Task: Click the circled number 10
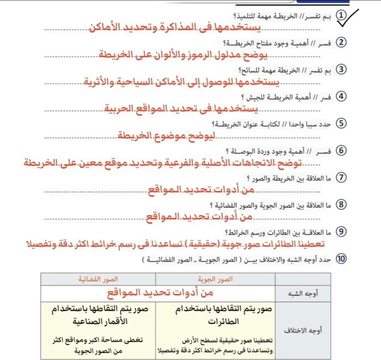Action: tap(341, 259)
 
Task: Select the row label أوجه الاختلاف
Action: tap(303, 331)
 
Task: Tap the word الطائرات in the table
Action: tap(224, 322)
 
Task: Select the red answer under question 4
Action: tap(181, 108)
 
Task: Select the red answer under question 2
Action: tap(182, 54)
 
